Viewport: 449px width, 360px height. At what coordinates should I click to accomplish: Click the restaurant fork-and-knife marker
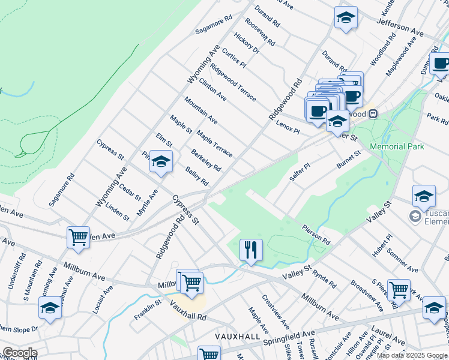(x=251, y=249)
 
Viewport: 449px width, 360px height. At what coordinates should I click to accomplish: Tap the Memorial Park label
(x=397, y=146)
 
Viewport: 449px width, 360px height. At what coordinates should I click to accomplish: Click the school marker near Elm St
(x=161, y=161)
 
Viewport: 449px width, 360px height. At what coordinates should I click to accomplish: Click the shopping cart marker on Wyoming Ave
(x=78, y=237)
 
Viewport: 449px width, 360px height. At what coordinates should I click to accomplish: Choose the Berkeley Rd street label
(x=206, y=160)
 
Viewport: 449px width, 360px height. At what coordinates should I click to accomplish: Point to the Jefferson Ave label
(x=400, y=25)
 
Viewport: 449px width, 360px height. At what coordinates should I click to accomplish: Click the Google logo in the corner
(x=20, y=353)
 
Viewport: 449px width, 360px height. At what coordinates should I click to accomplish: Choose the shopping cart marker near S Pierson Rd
(x=399, y=290)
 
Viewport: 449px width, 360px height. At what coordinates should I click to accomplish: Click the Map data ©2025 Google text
(x=412, y=355)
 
